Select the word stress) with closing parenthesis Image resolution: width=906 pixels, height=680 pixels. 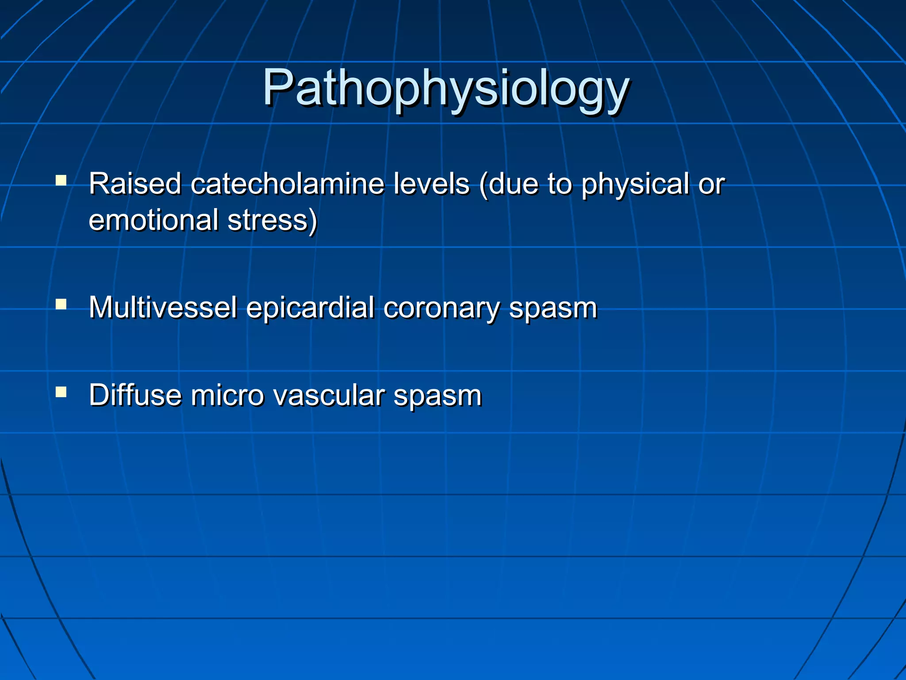pos(273,220)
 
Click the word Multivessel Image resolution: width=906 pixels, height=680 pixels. pos(163,307)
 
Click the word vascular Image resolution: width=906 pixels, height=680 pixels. pos(329,395)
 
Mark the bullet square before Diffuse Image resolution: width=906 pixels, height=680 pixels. pos(61,392)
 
